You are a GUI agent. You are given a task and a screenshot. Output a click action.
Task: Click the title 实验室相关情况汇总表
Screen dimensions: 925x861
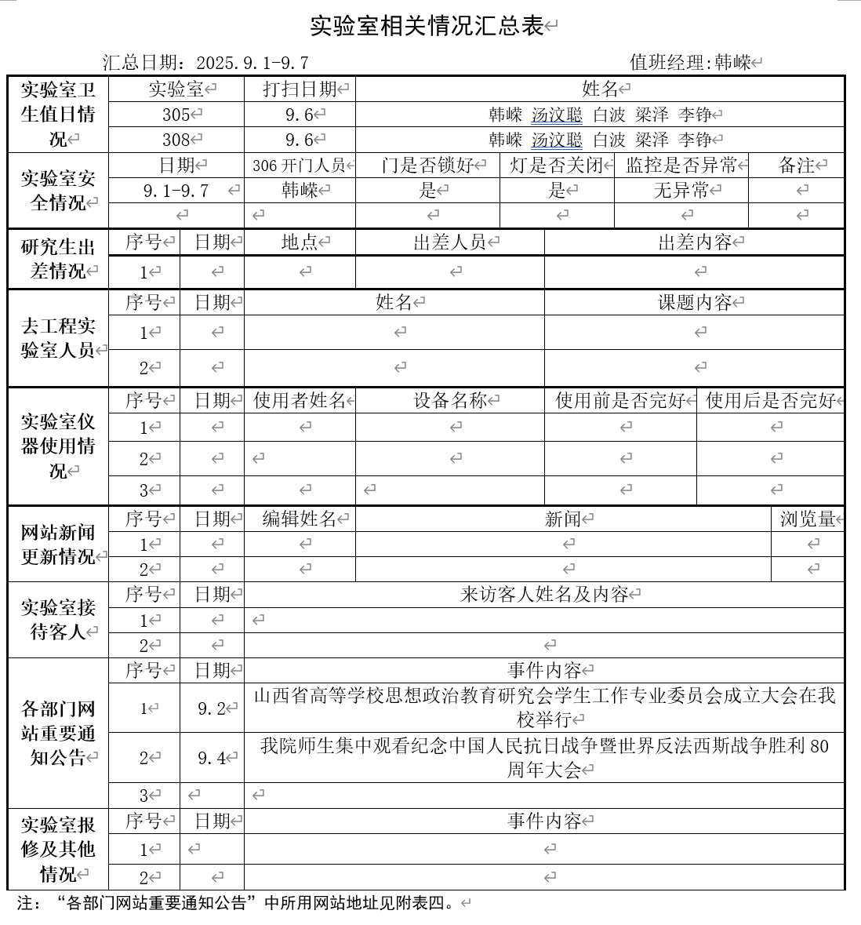[x=427, y=26]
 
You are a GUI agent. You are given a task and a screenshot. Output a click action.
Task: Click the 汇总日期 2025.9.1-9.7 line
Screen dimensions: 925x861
[x=205, y=63]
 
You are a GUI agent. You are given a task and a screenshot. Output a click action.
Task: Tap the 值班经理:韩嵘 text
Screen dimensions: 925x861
[x=690, y=63]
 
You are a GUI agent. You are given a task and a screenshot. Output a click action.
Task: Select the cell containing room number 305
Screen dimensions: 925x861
[x=176, y=115]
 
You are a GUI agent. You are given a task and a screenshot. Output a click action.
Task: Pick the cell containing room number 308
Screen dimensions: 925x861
[x=176, y=140]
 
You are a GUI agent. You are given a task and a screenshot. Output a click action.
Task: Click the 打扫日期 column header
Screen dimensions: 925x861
[x=300, y=89]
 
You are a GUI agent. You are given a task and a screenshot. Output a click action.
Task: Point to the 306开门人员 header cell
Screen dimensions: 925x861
[x=300, y=166]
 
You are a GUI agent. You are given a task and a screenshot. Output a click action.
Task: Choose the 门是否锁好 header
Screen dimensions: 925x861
[x=427, y=166]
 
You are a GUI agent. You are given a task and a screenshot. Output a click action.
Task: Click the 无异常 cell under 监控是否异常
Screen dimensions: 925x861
[x=681, y=190]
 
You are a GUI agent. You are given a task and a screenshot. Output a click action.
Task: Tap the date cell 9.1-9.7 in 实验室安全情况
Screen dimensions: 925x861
[x=176, y=191]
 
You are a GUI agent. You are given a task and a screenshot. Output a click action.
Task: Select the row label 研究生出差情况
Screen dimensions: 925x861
[x=58, y=259]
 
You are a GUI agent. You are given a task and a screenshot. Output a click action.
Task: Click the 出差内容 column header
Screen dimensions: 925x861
[x=694, y=242]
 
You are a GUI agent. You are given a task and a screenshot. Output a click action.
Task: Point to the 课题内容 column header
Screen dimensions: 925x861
[x=694, y=302]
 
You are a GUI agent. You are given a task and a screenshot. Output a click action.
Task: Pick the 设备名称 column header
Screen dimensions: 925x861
[x=450, y=401]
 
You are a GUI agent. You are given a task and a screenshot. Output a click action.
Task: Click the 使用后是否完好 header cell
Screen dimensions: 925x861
[x=770, y=401]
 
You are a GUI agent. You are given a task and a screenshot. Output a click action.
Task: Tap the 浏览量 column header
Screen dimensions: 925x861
[x=808, y=519]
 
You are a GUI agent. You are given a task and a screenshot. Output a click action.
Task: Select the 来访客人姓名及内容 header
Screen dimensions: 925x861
[x=544, y=595]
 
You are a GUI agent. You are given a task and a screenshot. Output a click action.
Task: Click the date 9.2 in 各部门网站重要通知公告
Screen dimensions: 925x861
[x=212, y=708]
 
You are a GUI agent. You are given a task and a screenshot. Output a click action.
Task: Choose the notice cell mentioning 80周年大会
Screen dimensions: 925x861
[x=544, y=757]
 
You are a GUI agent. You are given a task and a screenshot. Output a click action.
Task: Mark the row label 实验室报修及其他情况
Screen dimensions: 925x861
[x=58, y=849]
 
